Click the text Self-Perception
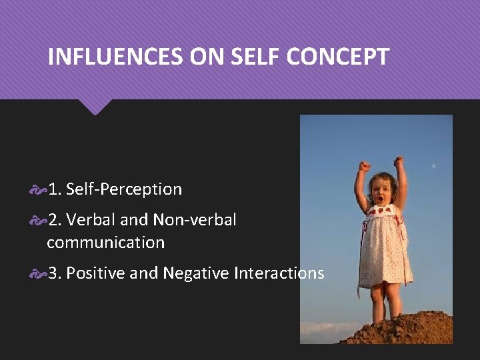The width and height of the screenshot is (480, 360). [124, 189]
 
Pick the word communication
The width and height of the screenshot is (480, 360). [105, 243]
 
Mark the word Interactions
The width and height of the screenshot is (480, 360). [281, 273]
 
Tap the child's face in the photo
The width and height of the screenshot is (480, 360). [381, 194]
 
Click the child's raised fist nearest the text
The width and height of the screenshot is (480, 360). [363, 166]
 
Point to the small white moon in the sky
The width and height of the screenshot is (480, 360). [434, 165]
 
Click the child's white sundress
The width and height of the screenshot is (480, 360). [384, 247]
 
